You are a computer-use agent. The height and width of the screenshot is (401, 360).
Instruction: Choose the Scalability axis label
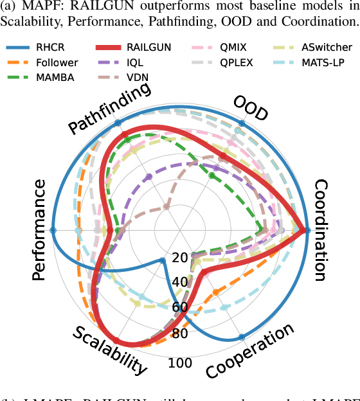click(109, 350)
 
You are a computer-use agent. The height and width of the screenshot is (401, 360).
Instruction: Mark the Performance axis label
click(39, 230)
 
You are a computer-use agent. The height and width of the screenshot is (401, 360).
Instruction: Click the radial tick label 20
click(181, 258)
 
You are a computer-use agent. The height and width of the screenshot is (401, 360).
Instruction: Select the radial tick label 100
click(180, 364)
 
